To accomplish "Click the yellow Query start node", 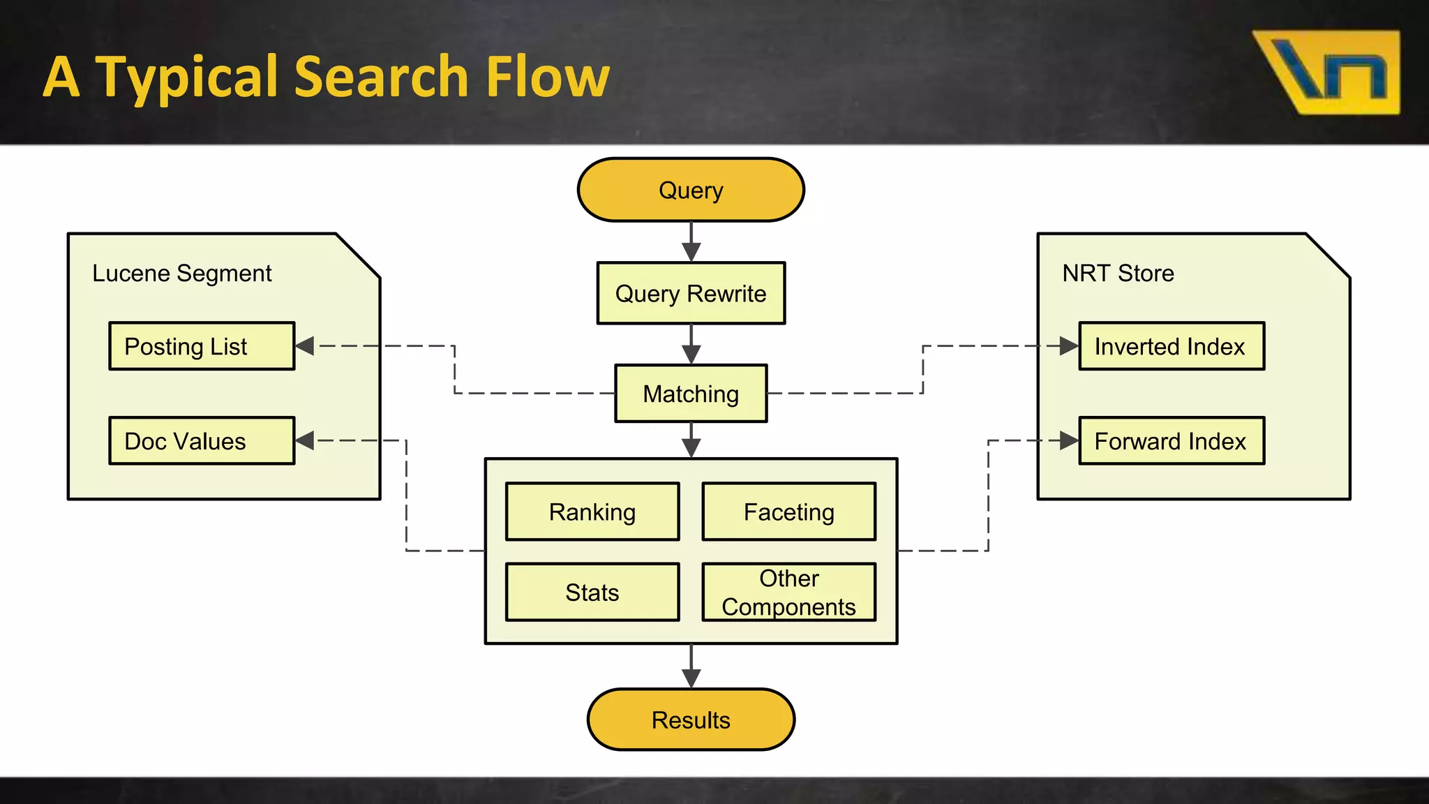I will click(x=691, y=190).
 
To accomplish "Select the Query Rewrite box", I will click(x=691, y=293).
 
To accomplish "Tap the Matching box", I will click(x=691, y=394).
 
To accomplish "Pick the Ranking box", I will click(x=592, y=512).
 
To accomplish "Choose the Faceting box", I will click(x=788, y=512).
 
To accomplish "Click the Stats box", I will click(x=592, y=592).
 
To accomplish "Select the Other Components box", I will click(x=788, y=592).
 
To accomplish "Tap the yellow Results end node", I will click(x=691, y=720).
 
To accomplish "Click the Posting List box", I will click(x=202, y=346).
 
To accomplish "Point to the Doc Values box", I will click(x=202, y=441).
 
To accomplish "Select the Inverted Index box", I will click(x=1172, y=346).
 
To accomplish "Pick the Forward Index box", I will click(x=1172, y=441).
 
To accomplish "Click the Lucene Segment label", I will click(x=181, y=273).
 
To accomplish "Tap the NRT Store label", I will click(x=1118, y=273).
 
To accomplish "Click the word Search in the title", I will click(x=381, y=77).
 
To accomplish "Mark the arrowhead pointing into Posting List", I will click(x=305, y=346).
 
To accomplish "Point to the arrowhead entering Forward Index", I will click(x=1068, y=440).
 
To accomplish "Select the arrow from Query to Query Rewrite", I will click(x=691, y=241).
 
